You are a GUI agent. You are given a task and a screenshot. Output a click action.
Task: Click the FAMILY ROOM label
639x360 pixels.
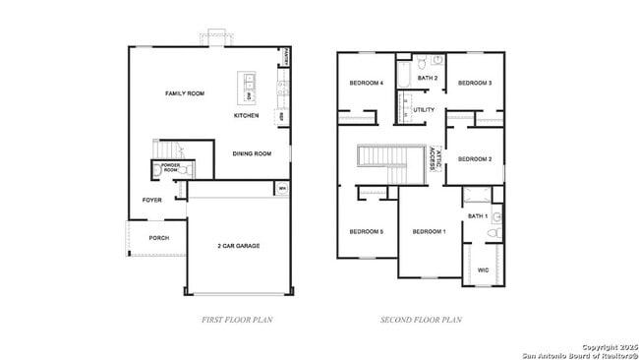[x=184, y=93]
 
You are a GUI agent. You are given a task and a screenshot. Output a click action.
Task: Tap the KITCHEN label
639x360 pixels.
[x=247, y=116]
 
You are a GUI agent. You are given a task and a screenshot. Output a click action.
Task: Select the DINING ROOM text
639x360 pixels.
[x=252, y=153]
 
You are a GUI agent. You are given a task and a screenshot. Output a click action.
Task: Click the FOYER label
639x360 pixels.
[x=151, y=200]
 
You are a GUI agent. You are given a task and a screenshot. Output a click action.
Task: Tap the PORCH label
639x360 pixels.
[x=158, y=238]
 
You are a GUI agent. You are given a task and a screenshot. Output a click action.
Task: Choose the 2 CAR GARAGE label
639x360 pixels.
[x=239, y=245]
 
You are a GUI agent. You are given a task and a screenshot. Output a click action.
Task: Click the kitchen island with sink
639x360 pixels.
[x=247, y=89]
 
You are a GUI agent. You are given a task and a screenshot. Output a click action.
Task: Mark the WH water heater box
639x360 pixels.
[x=282, y=189]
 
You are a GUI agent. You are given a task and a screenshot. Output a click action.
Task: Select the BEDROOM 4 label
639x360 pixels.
[x=366, y=84]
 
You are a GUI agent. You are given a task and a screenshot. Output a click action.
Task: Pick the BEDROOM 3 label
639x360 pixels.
[x=475, y=84]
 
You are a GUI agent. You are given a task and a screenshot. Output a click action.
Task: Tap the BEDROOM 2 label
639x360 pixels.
[x=475, y=158]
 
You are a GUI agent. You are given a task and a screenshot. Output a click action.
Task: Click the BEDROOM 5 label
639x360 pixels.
[x=366, y=231]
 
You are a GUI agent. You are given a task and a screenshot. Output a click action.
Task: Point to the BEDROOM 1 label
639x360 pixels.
[x=429, y=231]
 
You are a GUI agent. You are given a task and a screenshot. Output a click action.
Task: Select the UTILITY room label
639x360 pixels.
[x=424, y=109]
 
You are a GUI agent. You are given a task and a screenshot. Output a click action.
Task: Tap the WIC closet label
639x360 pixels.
[x=483, y=269]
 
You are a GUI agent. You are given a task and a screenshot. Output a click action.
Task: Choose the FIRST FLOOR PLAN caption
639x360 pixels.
[x=237, y=320]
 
